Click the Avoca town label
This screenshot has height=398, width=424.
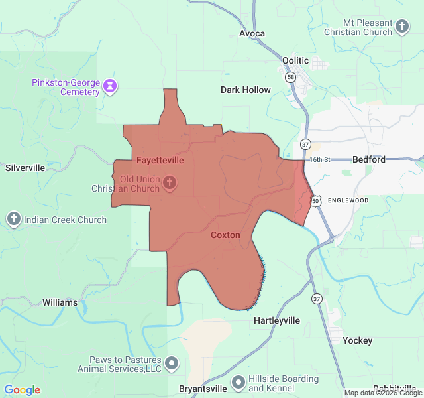tap(252, 33)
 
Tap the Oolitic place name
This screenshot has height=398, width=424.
tap(295, 60)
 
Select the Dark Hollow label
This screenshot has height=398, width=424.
tap(246, 90)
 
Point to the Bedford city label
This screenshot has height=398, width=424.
tap(369, 159)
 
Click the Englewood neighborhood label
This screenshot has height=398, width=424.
tap(348, 200)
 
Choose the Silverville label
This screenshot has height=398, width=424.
tap(25, 168)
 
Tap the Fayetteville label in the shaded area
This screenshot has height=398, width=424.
tap(160, 160)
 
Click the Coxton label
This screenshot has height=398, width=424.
tap(225, 235)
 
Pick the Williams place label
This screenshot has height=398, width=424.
tap(60, 302)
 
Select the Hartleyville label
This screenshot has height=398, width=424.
tap(277, 320)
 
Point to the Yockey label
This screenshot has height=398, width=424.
tap(358, 340)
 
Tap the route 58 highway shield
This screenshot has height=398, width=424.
tap(291, 78)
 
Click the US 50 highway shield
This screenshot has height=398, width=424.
tap(316, 200)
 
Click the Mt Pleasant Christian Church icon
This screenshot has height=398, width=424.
tap(402, 27)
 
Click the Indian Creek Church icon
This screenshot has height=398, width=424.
tap(13, 220)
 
